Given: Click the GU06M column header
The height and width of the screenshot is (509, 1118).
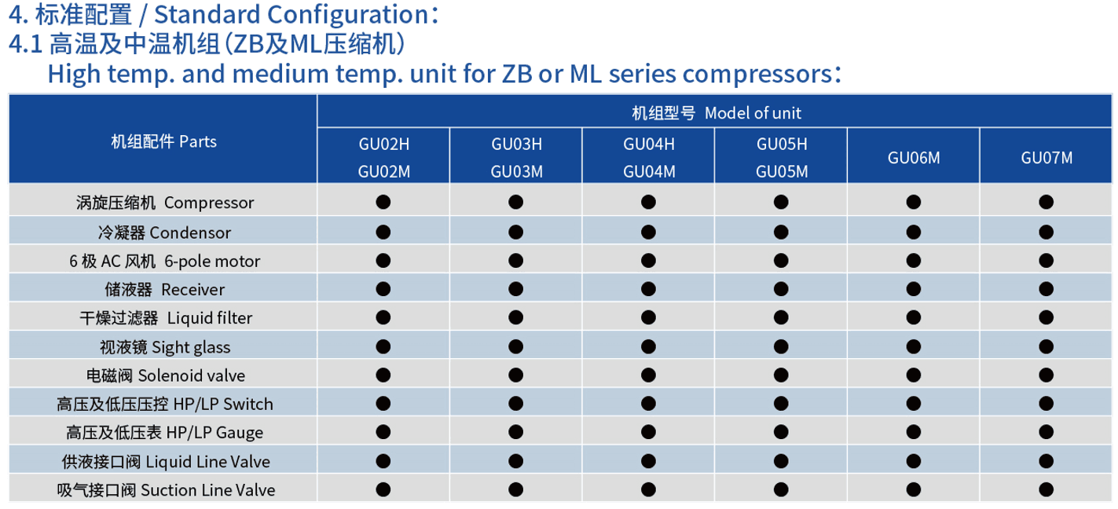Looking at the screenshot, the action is (914, 158).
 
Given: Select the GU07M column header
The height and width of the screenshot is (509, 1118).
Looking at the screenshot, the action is (1047, 158).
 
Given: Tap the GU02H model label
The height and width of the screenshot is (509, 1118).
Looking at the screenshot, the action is (384, 145).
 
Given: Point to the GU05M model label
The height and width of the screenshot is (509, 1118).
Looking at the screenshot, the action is (782, 172).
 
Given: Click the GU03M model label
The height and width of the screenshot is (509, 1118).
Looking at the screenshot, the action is (517, 172).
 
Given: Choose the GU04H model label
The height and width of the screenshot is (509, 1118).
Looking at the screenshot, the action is (649, 145).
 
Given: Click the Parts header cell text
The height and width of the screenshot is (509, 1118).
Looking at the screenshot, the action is (163, 141).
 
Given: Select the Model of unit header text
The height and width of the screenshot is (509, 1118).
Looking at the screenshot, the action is (717, 113).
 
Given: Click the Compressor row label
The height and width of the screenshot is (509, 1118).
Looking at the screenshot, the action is (165, 203).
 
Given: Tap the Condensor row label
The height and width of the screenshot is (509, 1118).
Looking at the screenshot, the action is (164, 233).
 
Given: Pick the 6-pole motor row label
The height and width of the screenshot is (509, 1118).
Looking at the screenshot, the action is (165, 261).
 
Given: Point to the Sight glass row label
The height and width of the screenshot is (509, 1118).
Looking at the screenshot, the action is (165, 347).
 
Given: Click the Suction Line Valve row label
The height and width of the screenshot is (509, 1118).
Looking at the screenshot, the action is (166, 490).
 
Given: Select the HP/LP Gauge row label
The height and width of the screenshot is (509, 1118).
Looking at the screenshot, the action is (164, 432).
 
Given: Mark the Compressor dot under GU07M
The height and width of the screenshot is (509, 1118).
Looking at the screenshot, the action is (1047, 202).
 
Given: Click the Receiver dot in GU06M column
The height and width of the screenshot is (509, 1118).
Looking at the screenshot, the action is (914, 289).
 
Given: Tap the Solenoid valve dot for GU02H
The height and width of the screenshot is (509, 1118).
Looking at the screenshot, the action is (383, 375).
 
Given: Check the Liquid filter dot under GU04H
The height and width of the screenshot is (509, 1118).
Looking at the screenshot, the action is (648, 317).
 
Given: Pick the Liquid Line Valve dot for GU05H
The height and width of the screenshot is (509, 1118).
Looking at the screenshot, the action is (781, 461).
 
